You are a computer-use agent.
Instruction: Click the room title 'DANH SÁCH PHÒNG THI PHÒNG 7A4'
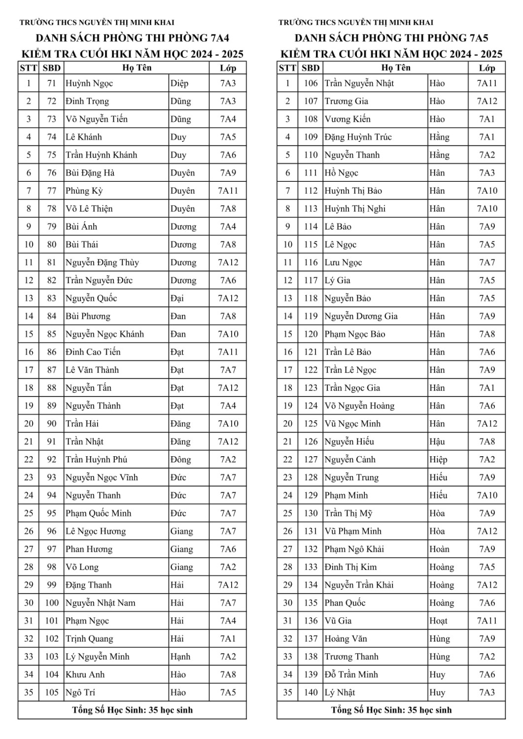(132, 38)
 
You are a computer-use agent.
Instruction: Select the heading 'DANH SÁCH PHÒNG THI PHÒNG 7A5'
(391, 38)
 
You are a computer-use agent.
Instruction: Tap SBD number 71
(52, 83)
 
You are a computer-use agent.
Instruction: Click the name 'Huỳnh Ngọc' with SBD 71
(89, 83)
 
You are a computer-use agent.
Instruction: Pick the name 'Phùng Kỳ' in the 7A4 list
(84, 191)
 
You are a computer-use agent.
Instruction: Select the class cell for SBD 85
(228, 334)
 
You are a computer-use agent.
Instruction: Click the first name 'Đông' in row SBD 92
(180, 460)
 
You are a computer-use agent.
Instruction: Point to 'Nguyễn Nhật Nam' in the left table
(101, 603)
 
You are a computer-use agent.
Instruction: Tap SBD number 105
(52, 693)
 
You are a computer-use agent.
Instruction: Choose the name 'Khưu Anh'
(85, 674)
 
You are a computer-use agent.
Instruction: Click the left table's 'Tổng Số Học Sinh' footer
(132, 710)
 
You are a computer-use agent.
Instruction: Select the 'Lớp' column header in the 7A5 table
(487, 68)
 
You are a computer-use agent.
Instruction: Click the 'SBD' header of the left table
(52, 68)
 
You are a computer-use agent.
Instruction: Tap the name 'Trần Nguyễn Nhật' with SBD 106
(359, 83)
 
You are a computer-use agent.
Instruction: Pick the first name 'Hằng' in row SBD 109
(439, 137)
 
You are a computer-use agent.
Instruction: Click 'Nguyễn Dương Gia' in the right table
(361, 316)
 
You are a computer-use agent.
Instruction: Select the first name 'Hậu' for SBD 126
(437, 441)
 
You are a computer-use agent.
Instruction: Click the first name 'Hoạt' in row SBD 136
(438, 621)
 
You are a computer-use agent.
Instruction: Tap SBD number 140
(311, 693)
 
